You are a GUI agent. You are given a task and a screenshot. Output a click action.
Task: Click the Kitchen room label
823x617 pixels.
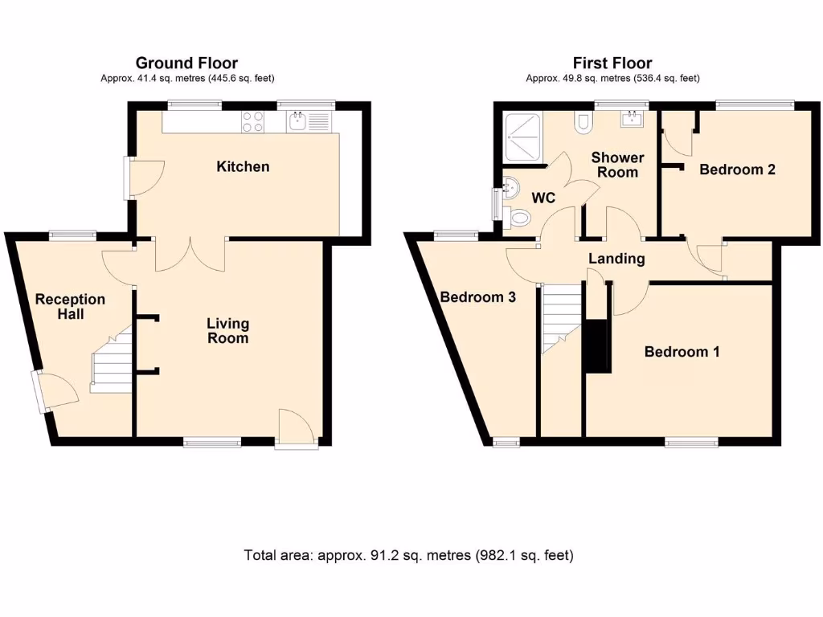coord(243,167)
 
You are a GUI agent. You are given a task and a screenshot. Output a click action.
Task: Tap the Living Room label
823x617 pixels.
coord(227,330)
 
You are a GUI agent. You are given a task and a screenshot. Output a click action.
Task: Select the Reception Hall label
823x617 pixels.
coord(70,306)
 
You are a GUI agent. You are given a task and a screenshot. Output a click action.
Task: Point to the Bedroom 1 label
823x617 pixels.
coord(682,352)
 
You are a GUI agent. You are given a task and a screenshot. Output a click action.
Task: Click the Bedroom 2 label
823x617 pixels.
coord(737,170)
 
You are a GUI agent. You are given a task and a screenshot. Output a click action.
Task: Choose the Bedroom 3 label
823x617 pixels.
coord(477,296)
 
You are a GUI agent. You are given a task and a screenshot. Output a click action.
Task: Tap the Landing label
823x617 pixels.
coord(616,259)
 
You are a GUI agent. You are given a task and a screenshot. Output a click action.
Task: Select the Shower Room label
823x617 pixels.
coord(617,165)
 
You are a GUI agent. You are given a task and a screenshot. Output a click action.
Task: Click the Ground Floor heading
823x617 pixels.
coord(186,63)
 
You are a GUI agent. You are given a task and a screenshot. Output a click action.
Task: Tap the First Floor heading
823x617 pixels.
coord(612,63)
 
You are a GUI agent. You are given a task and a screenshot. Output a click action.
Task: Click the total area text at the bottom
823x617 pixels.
coord(409,555)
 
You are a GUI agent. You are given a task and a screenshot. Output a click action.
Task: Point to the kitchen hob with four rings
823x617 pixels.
coord(253,121)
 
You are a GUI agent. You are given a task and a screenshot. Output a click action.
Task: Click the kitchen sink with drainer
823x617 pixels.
coord(308,121)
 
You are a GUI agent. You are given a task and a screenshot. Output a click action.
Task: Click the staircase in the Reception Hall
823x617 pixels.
coord(113,361)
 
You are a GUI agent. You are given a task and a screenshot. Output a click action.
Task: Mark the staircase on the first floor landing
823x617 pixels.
coord(560,318)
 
